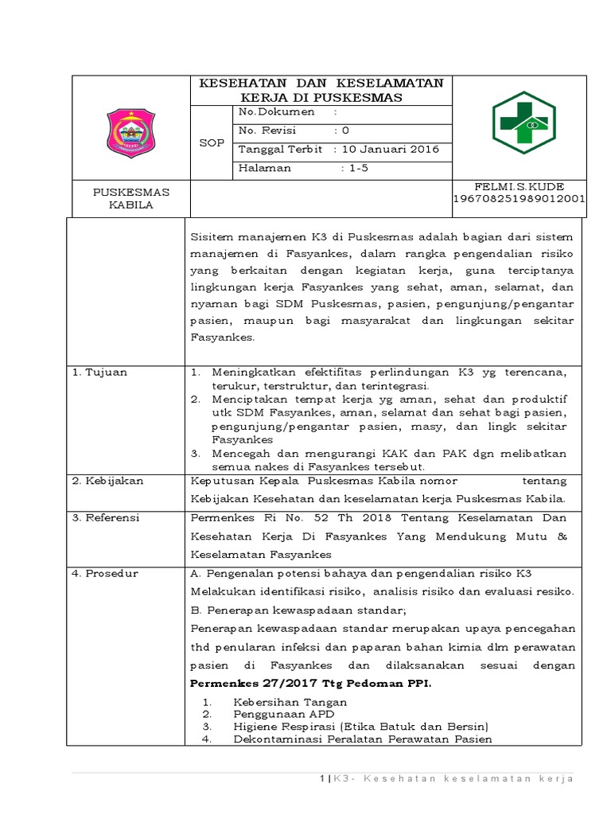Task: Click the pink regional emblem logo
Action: [x=131, y=133]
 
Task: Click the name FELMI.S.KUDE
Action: [x=518, y=185]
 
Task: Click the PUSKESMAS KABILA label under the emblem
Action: [x=131, y=198]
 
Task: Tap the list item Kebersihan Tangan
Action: [x=290, y=703]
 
